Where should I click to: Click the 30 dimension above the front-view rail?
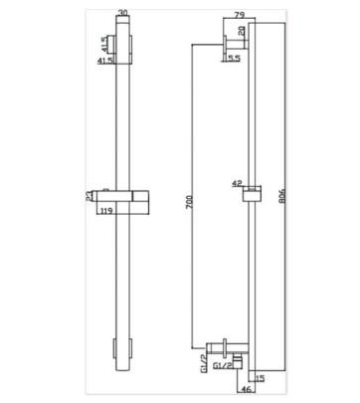123,13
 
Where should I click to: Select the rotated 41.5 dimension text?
104,44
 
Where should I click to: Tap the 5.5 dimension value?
235,59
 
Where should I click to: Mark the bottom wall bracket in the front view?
123,349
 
